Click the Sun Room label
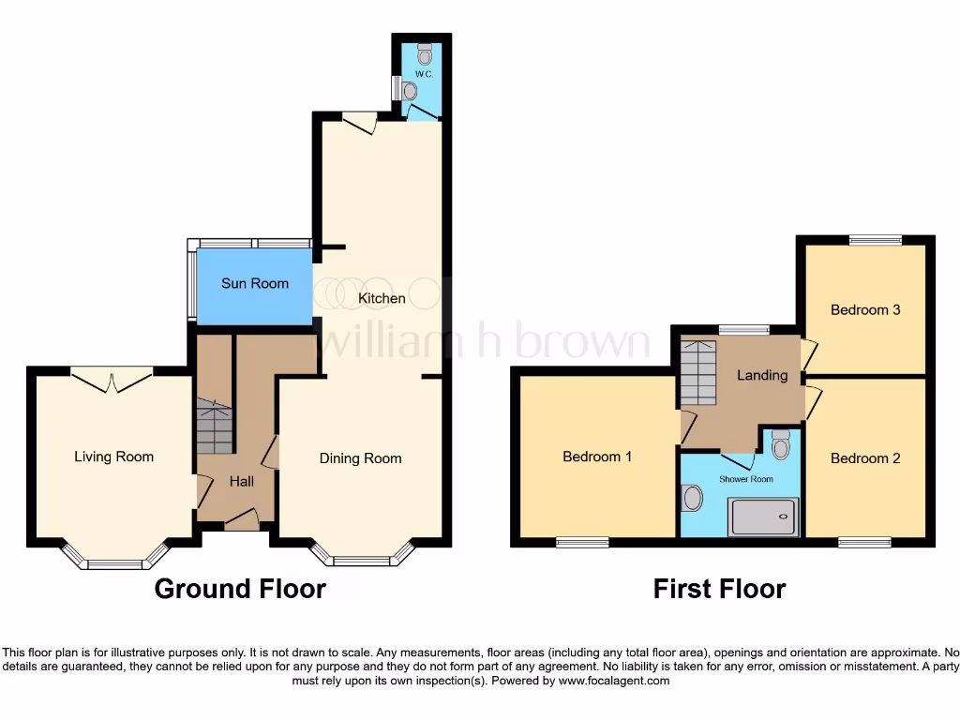tap(254, 283)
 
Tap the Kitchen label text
tap(382, 298)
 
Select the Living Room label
tap(113, 457)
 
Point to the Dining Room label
tap(360, 458)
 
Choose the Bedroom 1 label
tap(596, 457)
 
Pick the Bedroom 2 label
tap(864, 458)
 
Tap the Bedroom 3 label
tap(864, 309)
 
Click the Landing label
tap(761, 375)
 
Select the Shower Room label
tap(746, 479)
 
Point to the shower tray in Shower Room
tap(764, 517)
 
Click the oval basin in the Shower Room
tap(693, 498)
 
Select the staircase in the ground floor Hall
tap(214, 429)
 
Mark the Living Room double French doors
tap(112, 380)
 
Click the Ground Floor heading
tap(240, 589)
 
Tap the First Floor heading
tap(719, 589)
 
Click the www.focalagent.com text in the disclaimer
tap(614, 681)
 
